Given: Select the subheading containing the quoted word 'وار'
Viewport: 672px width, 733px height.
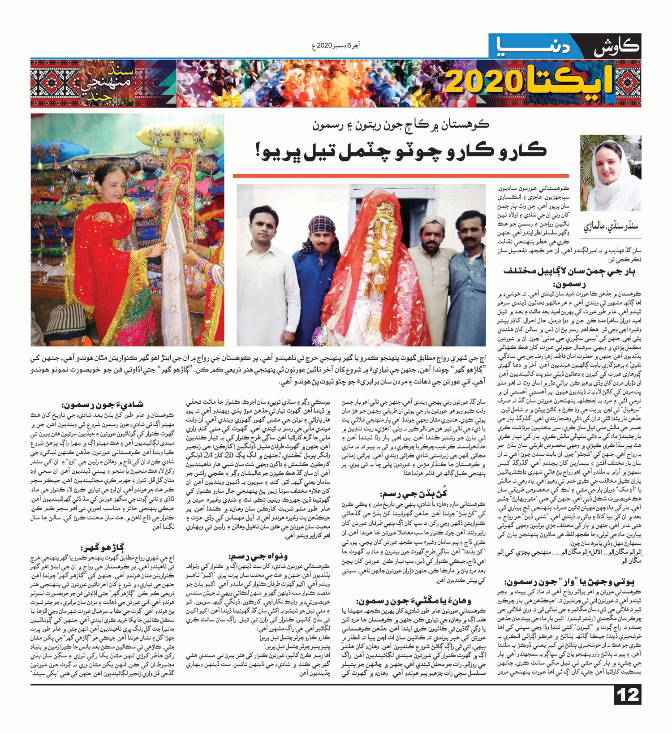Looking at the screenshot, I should [569, 582].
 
